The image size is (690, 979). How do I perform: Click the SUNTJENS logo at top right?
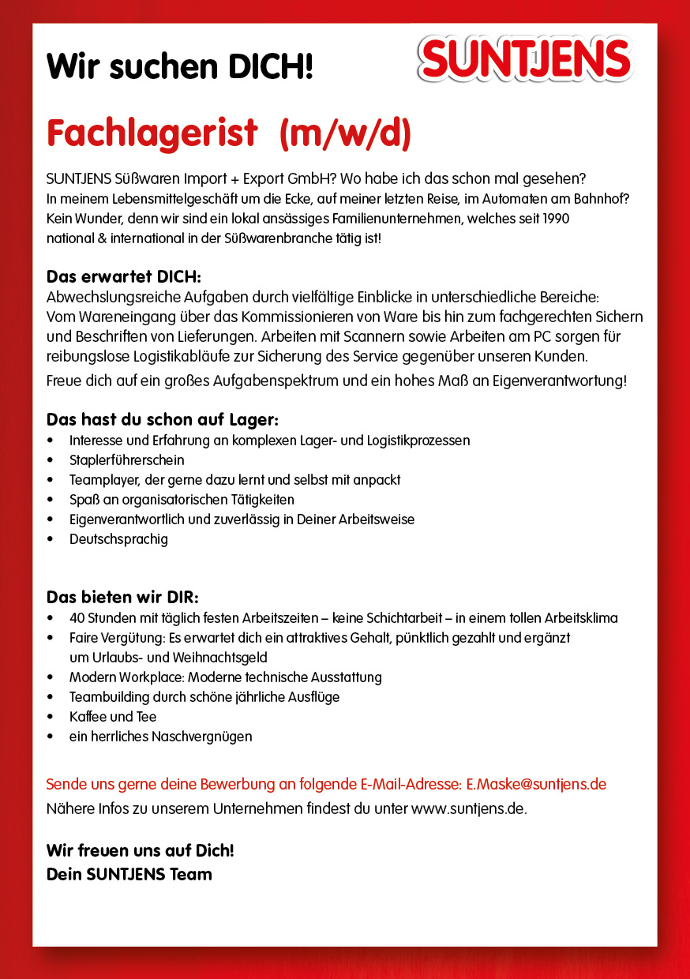[526, 60]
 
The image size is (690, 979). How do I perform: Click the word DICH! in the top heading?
[271, 67]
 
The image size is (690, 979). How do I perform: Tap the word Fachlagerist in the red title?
[152, 133]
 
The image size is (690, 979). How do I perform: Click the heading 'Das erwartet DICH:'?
[124, 277]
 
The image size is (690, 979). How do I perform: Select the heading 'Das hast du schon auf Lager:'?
[163, 419]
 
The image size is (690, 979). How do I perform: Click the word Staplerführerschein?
[126, 459]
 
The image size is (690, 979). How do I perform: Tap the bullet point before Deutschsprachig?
[51, 540]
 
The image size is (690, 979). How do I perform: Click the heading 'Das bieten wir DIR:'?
[122, 596]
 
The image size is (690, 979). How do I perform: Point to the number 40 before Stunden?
[77, 618]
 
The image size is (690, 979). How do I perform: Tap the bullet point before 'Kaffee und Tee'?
[51, 718]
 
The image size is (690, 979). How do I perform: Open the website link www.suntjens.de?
[468, 808]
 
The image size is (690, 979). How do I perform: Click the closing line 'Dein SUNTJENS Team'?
[129, 874]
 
